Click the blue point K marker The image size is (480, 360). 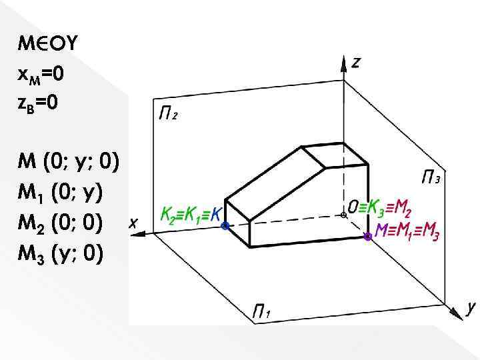tap(225, 226)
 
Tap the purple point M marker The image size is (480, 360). tap(367, 236)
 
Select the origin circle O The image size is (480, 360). tap(343, 215)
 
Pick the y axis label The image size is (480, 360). tap(471, 308)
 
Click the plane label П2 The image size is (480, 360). tap(167, 114)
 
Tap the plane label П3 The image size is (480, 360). tap(431, 177)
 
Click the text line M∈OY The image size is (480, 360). tap(48, 45)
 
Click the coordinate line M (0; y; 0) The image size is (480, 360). tap(69, 162)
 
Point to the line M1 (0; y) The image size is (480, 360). tap(60, 193)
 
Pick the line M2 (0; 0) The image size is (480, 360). tap(61, 224)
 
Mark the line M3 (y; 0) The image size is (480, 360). tap(61, 255)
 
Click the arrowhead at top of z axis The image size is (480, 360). tap(343, 63)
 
